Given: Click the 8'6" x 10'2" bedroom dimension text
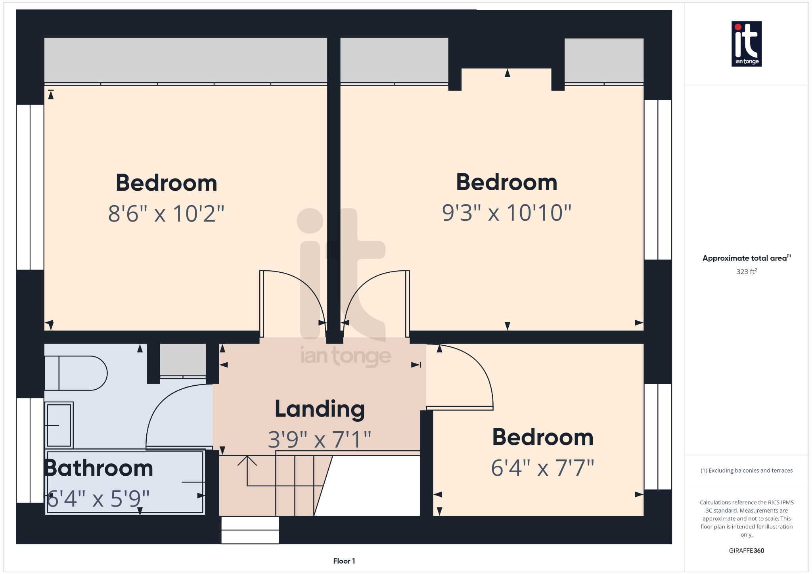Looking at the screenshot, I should click(x=166, y=214).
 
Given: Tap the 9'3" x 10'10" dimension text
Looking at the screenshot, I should click(x=507, y=213).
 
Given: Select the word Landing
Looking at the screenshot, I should click(x=320, y=409).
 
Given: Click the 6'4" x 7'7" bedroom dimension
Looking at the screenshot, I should click(x=542, y=468).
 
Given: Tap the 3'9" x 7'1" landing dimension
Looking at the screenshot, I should click(x=320, y=440).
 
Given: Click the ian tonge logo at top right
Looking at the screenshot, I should click(x=746, y=44).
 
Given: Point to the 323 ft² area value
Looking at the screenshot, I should click(x=746, y=272).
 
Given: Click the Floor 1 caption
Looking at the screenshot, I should click(x=344, y=561).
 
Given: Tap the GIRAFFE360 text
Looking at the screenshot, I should click(x=746, y=551).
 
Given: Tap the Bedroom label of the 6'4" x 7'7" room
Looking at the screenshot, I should click(x=542, y=437).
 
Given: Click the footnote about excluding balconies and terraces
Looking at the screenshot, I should click(x=746, y=471).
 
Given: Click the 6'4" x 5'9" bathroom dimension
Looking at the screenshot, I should click(x=98, y=499).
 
